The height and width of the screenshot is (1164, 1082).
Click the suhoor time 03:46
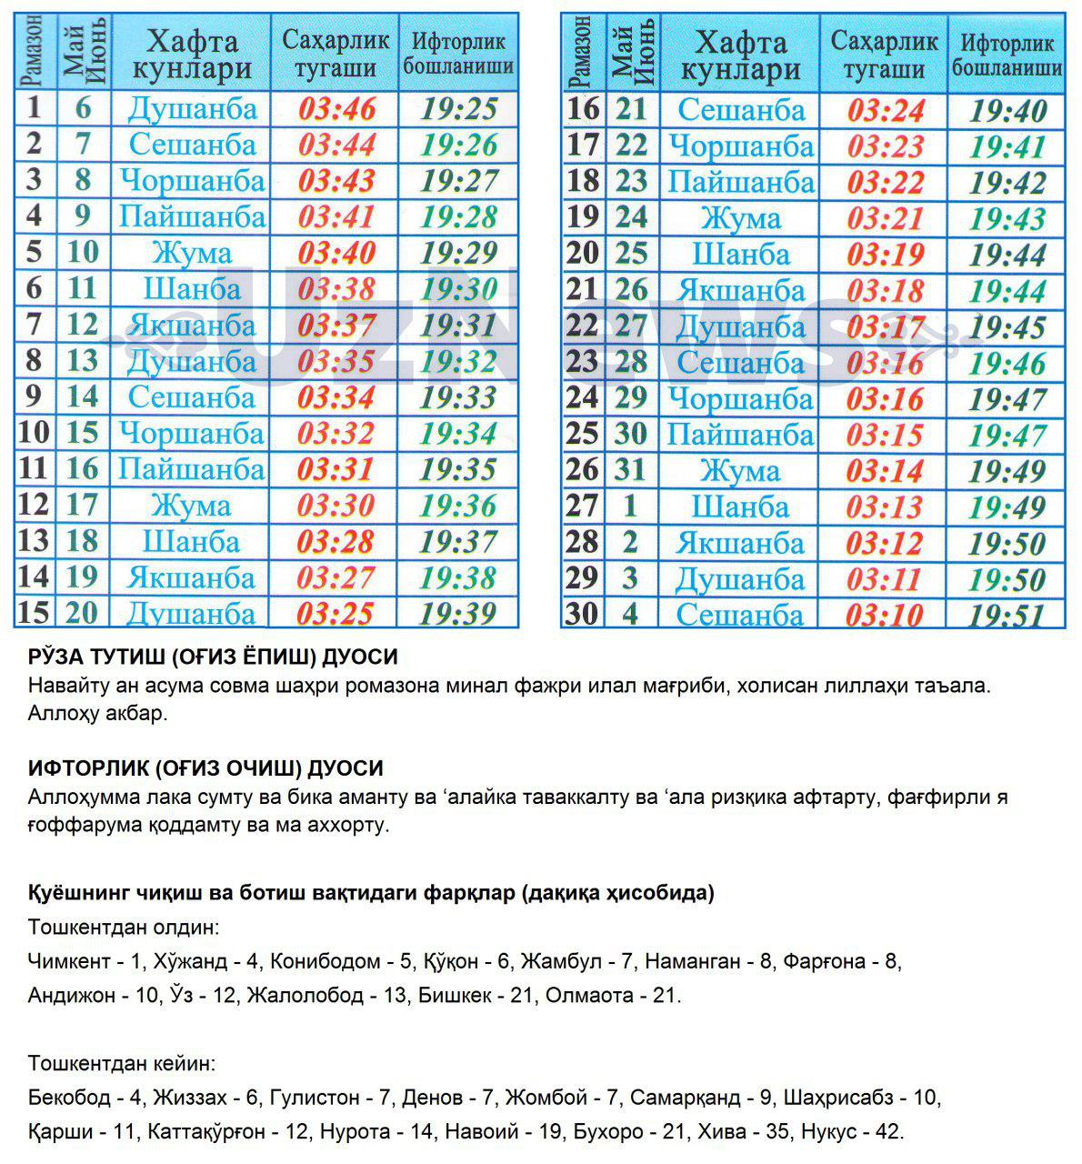(x=336, y=109)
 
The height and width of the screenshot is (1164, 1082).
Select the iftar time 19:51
(x=1007, y=616)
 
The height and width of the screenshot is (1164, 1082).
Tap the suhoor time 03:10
(x=885, y=616)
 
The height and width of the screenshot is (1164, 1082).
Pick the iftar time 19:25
(x=459, y=109)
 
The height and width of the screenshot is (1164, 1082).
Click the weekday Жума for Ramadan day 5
(x=191, y=253)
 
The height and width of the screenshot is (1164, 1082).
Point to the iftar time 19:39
(x=459, y=614)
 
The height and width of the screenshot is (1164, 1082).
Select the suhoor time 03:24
(x=886, y=111)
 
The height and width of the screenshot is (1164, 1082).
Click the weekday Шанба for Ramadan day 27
(x=740, y=507)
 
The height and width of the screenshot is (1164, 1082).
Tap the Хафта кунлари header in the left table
(x=192, y=55)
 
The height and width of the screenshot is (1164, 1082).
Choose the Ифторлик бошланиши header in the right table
(x=1007, y=55)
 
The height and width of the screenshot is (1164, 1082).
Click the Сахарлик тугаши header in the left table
(x=336, y=54)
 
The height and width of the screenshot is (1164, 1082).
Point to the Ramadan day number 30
(x=582, y=614)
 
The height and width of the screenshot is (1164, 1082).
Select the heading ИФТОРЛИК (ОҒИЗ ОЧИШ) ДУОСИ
(x=205, y=768)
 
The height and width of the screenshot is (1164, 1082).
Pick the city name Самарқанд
(x=686, y=1098)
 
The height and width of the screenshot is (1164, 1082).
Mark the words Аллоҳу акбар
(x=97, y=713)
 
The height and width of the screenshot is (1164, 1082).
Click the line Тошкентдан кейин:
(x=121, y=1063)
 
